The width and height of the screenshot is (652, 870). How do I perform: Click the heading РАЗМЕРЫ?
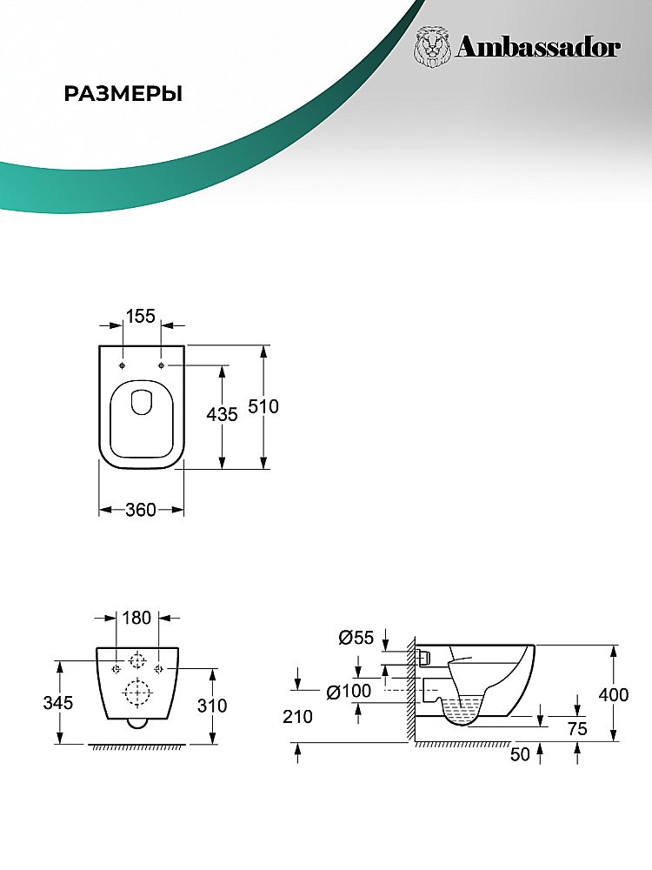tap(123, 94)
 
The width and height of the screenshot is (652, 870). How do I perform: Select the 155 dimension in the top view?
tap(141, 316)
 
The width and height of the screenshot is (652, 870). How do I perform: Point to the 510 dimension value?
tap(263, 406)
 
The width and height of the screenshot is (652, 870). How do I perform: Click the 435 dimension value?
tap(222, 414)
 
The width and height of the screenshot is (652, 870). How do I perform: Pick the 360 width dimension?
tap(140, 509)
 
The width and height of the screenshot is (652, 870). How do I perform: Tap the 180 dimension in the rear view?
tap(136, 617)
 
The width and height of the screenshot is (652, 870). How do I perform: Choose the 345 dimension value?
tap(58, 702)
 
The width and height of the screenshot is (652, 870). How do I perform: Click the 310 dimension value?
tap(212, 706)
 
